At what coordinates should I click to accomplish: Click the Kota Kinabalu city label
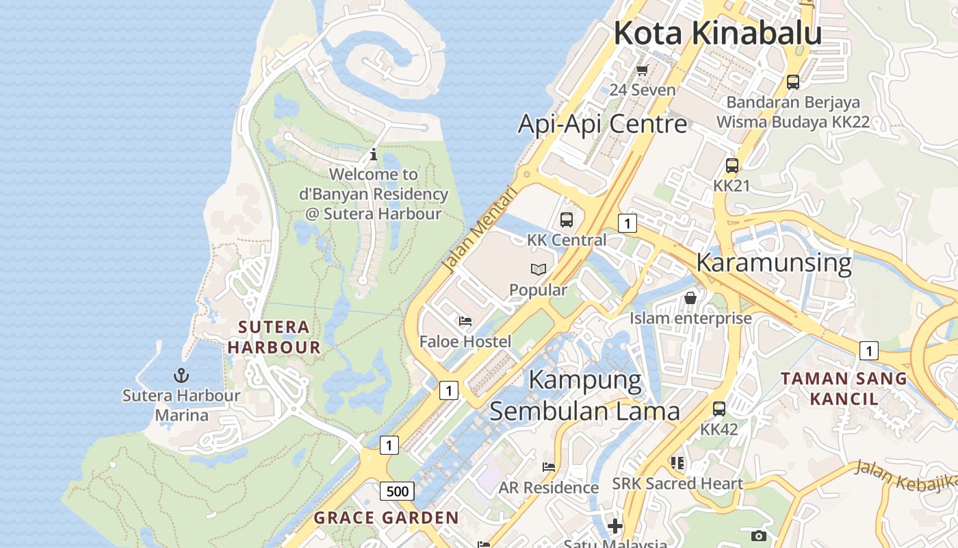[x=717, y=33]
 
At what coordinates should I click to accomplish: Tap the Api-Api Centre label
[x=602, y=124]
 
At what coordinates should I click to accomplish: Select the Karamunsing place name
[x=774, y=262]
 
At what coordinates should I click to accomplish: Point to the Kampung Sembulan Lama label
[x=585, y=395]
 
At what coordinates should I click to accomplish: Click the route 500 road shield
[x=397, y=491]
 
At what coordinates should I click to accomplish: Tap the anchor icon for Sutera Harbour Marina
[x=181, y=375]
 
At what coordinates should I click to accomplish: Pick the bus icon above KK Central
[x=567, y=220]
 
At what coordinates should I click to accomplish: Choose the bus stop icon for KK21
[x=732, y=166]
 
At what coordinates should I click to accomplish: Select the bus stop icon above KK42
[x=719, y=409]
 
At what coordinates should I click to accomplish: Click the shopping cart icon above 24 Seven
[x=642, y=70]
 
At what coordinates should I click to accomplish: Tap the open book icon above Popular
[x=539, y=270]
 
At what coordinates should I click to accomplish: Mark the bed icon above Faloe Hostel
[x=465, y=321]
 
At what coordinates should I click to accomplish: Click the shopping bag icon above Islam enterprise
[x=690, y=298]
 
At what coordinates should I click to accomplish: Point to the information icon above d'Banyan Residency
[x=374, y=155]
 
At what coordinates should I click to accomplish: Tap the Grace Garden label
[x=386, y=518]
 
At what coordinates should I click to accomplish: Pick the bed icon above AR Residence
[x=549, y=467]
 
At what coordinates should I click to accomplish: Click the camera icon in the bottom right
[x=758, y=536]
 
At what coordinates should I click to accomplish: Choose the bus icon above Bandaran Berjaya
[x=793, y=82]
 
